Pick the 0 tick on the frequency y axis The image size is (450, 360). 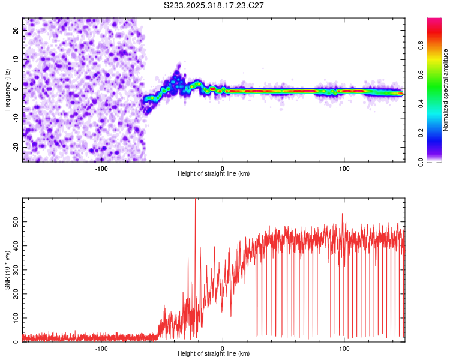[x=16, y=88]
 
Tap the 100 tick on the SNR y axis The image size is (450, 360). [x=16, y=318]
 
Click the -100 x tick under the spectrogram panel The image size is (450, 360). [x=101, y=168]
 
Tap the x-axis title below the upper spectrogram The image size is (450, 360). [x=214, y=174]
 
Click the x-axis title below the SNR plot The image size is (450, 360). [x=214, y=355]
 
